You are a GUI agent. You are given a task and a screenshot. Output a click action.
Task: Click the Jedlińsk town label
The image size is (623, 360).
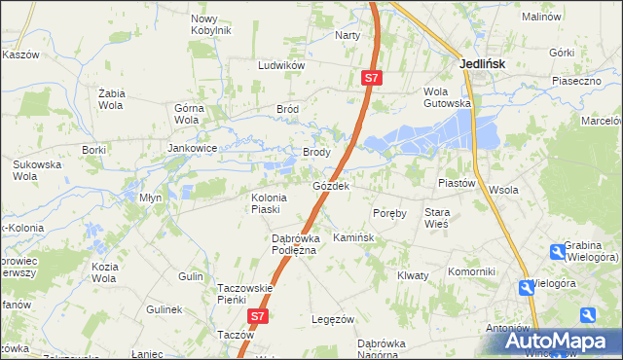pos(482,64)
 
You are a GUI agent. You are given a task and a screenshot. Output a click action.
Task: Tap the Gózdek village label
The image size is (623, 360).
pos(331,185)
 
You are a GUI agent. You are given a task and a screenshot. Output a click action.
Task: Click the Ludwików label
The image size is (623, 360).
pos(281,65)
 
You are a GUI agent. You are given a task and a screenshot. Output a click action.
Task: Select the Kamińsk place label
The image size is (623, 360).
pos(352,237)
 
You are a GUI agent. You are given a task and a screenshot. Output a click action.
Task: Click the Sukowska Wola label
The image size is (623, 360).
pos(37,170)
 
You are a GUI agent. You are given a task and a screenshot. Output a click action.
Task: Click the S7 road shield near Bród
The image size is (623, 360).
pos(371,78)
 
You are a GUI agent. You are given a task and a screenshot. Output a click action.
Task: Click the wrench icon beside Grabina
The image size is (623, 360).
pos(557,253)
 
